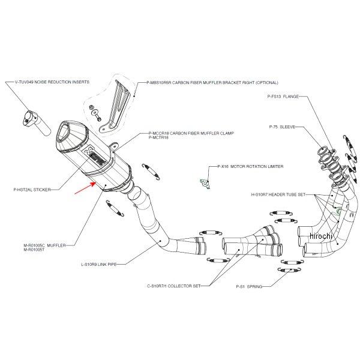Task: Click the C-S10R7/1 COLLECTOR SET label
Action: pyautogui.click(x=173, y=286)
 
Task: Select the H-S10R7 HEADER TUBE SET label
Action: pyautogui.click(x=278, y=195)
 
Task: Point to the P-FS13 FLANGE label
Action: pyautogui.click(x=283, y=96)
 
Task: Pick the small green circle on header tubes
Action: pyautogui.click(x=340, y=211)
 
